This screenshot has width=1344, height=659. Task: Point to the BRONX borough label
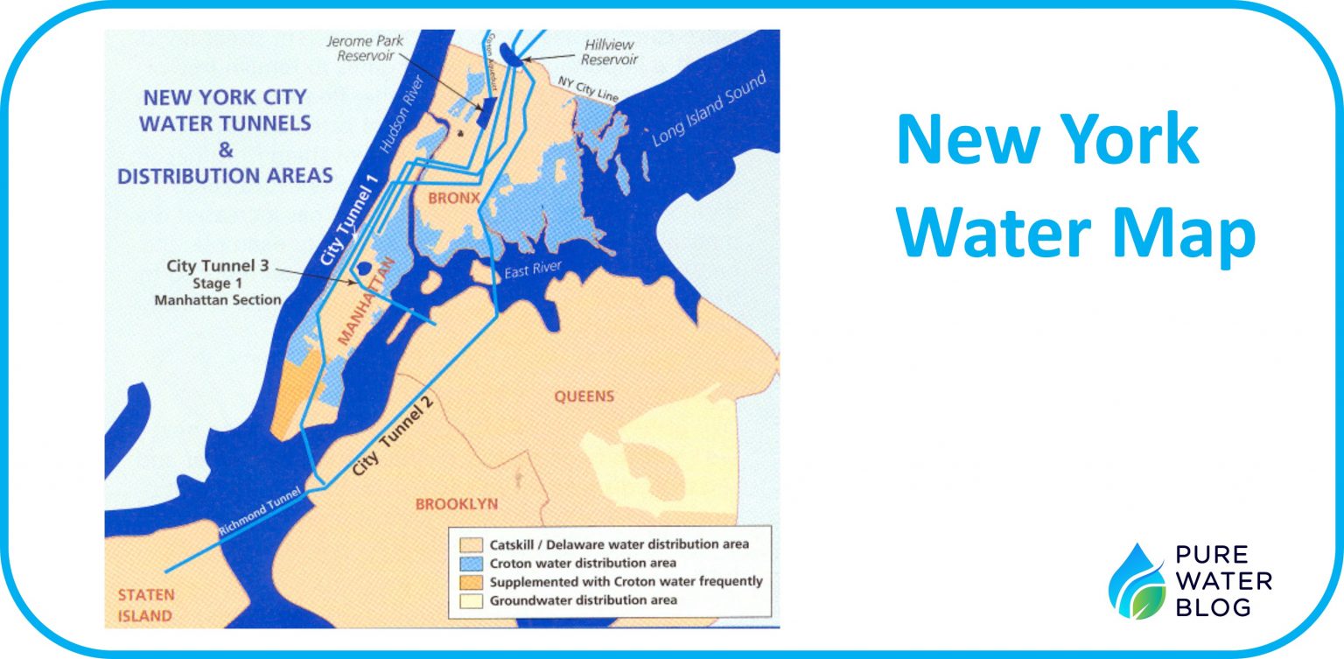pyautogui.click(x=453, y=199)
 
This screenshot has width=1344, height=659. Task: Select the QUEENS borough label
pyautogui.click(x=584, y=396)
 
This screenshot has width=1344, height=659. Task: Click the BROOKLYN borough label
pyautogui.click(x=456, y=504)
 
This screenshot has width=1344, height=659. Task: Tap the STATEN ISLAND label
pyautogui.click(x=145, y=605)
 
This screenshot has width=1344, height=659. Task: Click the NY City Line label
pyautogui.click(x=589, y=88)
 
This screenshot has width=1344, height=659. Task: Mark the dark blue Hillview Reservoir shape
pyautogui.click(x=518, y=61)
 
